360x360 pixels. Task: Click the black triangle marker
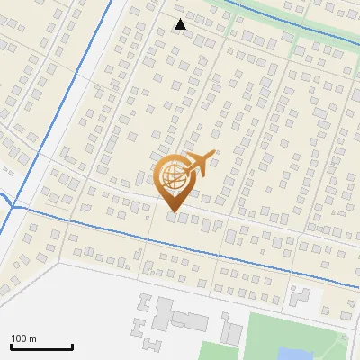coord(181,24)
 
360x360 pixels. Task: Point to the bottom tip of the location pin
coord(172,212)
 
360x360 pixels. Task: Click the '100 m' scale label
coord(23,338)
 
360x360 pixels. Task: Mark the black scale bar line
coord(41,346)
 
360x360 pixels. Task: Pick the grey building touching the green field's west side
coord(232,334)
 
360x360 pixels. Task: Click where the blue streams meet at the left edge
coord(13,203)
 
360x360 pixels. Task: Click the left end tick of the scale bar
coord(11,345)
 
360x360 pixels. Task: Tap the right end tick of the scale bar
coord(72,345)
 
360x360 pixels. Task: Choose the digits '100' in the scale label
coord(19,338)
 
